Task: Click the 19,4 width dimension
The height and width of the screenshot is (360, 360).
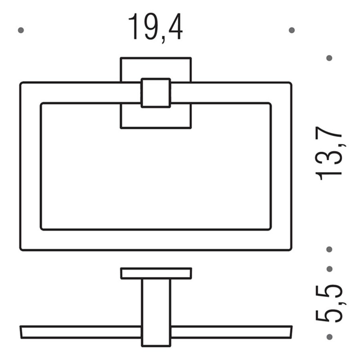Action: [155, 27]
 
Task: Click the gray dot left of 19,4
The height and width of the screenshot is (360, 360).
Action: [21, 30]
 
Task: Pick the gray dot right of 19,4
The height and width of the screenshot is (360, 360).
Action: [292, 30]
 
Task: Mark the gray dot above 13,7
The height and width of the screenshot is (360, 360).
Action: [329, 58]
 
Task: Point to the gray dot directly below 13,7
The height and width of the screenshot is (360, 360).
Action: [329, 249]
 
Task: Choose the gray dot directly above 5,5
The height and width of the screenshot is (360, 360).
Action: [329, 269]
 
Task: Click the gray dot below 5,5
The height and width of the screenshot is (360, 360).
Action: [329, 337]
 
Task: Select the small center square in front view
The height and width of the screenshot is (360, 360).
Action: [156, 93]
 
